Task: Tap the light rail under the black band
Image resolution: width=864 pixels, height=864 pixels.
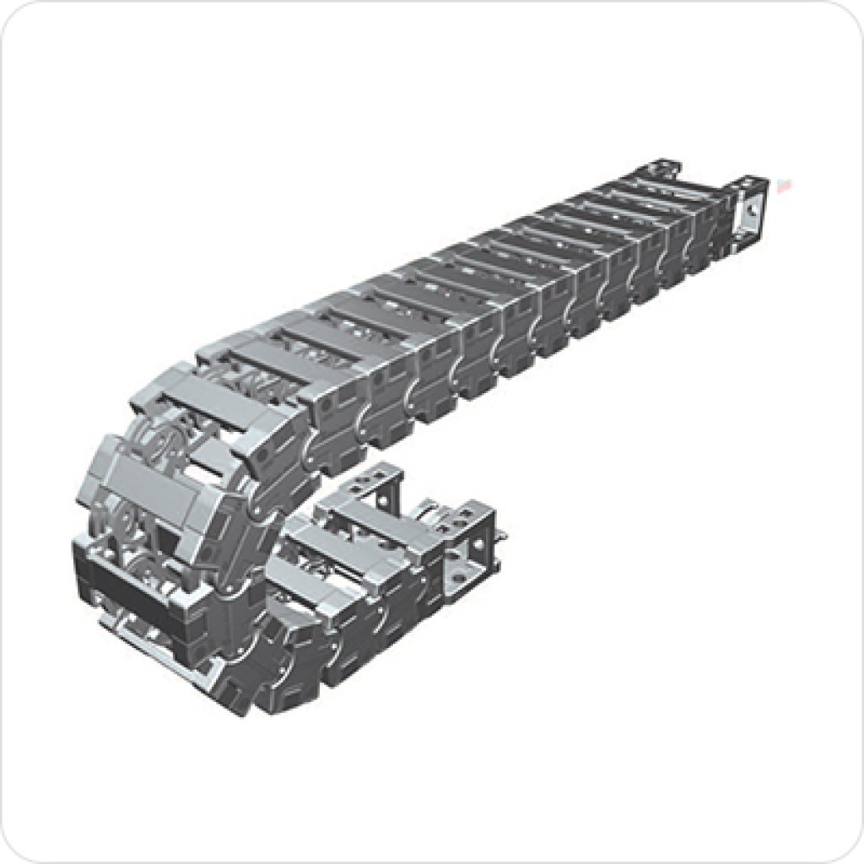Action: (x=143, y=629)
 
